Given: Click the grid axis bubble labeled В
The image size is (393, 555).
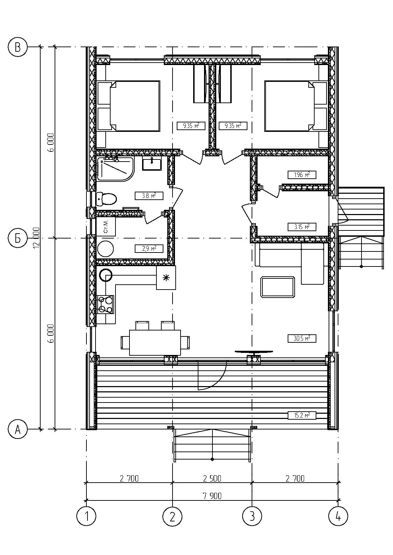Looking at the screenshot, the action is click(17, 47).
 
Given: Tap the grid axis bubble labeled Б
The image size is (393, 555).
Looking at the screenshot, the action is click(17, 239).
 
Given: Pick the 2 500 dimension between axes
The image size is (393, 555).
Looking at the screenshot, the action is click(212, 478).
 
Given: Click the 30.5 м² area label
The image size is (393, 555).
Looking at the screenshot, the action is click(302, 339).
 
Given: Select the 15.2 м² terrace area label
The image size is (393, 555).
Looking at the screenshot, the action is click(302, 415).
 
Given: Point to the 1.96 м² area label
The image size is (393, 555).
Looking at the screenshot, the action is click(302, 175).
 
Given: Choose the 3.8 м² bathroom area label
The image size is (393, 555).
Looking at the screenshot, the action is click(149, 196).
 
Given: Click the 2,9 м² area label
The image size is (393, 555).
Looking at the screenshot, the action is click(149, 249).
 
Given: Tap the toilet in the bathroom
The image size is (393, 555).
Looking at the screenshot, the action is click(106, 199).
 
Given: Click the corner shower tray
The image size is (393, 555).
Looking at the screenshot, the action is click(115, 169).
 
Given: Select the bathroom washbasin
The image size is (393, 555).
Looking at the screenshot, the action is click(152, 164).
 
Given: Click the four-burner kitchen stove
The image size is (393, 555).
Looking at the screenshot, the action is click(105, 305).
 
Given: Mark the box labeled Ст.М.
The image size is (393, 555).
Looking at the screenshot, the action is click(106, 227).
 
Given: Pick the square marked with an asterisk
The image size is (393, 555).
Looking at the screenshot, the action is click(166, 278).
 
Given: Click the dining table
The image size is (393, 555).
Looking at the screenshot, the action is click(155, 342).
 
